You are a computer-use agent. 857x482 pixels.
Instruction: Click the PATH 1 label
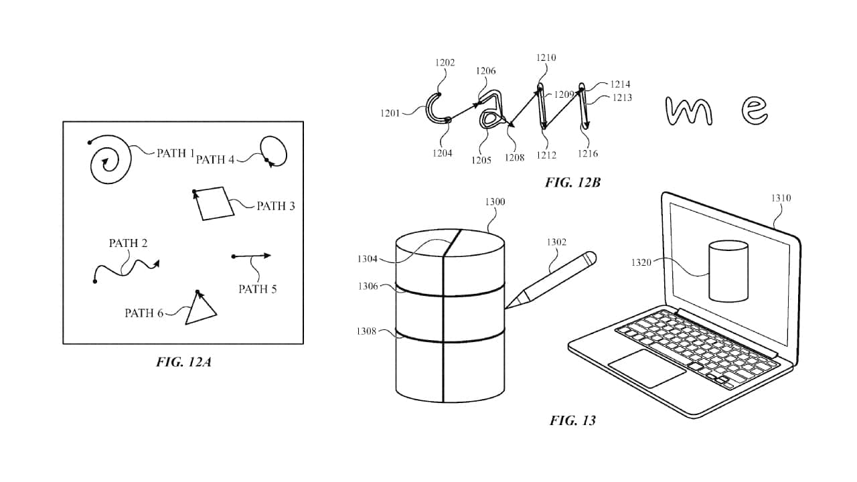[x=175, y=153]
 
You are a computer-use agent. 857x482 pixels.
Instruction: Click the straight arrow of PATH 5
[x=251, y=256]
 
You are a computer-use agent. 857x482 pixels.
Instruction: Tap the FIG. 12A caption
[x=183, y=362]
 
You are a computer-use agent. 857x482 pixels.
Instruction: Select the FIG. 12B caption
[x=572, y=183]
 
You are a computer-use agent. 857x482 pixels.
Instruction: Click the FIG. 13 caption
[x=572, y=421]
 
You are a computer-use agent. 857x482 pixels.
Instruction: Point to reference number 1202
[x=445, y=63]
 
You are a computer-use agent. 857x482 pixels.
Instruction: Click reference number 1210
[x=546, y=58]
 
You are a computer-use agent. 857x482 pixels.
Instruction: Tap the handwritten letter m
[x=689, y=111]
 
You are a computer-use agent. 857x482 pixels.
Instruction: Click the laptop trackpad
[x=647, y=368]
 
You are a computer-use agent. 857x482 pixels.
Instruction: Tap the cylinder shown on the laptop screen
[x=728, y=271]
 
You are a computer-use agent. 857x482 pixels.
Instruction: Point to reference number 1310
[x=781, y=198]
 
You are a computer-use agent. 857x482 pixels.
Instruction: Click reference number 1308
[x=366, y=331]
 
